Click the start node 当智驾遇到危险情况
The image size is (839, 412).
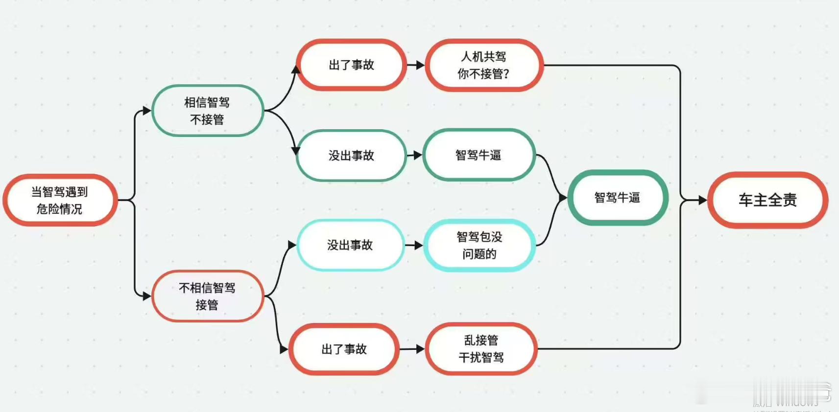[x=60, y=200]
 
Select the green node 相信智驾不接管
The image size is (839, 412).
[x=207, y=111]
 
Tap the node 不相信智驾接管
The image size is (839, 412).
[x=207, y=296]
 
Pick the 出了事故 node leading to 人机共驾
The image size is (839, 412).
[x=351, y=65]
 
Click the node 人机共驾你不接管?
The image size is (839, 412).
[x=483, y=65]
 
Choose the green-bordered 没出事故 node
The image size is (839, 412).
[x=351, y=156]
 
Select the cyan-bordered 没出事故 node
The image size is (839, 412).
[x=350, y=245]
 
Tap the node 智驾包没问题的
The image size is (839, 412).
[x=479, y=245]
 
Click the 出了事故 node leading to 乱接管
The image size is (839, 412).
[x=344, y=349]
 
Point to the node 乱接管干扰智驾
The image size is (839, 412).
[x=481, y=349]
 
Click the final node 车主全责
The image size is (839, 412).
[x=767, y=200]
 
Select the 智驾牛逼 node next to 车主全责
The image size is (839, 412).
[x=617, y=198]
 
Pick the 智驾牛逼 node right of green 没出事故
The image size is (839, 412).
[x=479, y=155]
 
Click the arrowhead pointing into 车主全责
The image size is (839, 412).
[x=703, y=200]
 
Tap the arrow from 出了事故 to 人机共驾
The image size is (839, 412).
[x=416, y=65]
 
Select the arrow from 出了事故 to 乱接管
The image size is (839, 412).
[x=412, y=349]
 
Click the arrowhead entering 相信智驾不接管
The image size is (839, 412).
[x=146, y=111]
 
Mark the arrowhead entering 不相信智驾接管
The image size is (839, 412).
[x=146, y=296]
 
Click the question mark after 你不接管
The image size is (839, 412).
[x=506, y=74]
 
